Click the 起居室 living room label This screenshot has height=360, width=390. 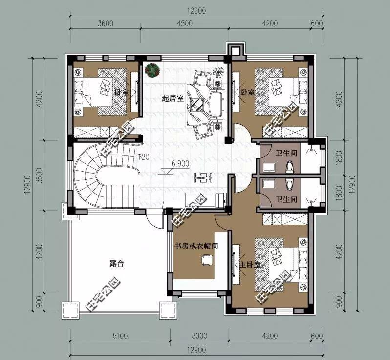tap(173, 98)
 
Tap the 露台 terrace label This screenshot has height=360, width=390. tap(116, 263)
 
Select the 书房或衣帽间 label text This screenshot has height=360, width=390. tap(196, 246)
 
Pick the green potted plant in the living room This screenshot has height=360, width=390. tap(152, 70)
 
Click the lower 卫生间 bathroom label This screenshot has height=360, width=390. tap(286, 199)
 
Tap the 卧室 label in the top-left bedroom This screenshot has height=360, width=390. tap(122, 91)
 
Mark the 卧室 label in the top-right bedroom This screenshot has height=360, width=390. tap(247, 91)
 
